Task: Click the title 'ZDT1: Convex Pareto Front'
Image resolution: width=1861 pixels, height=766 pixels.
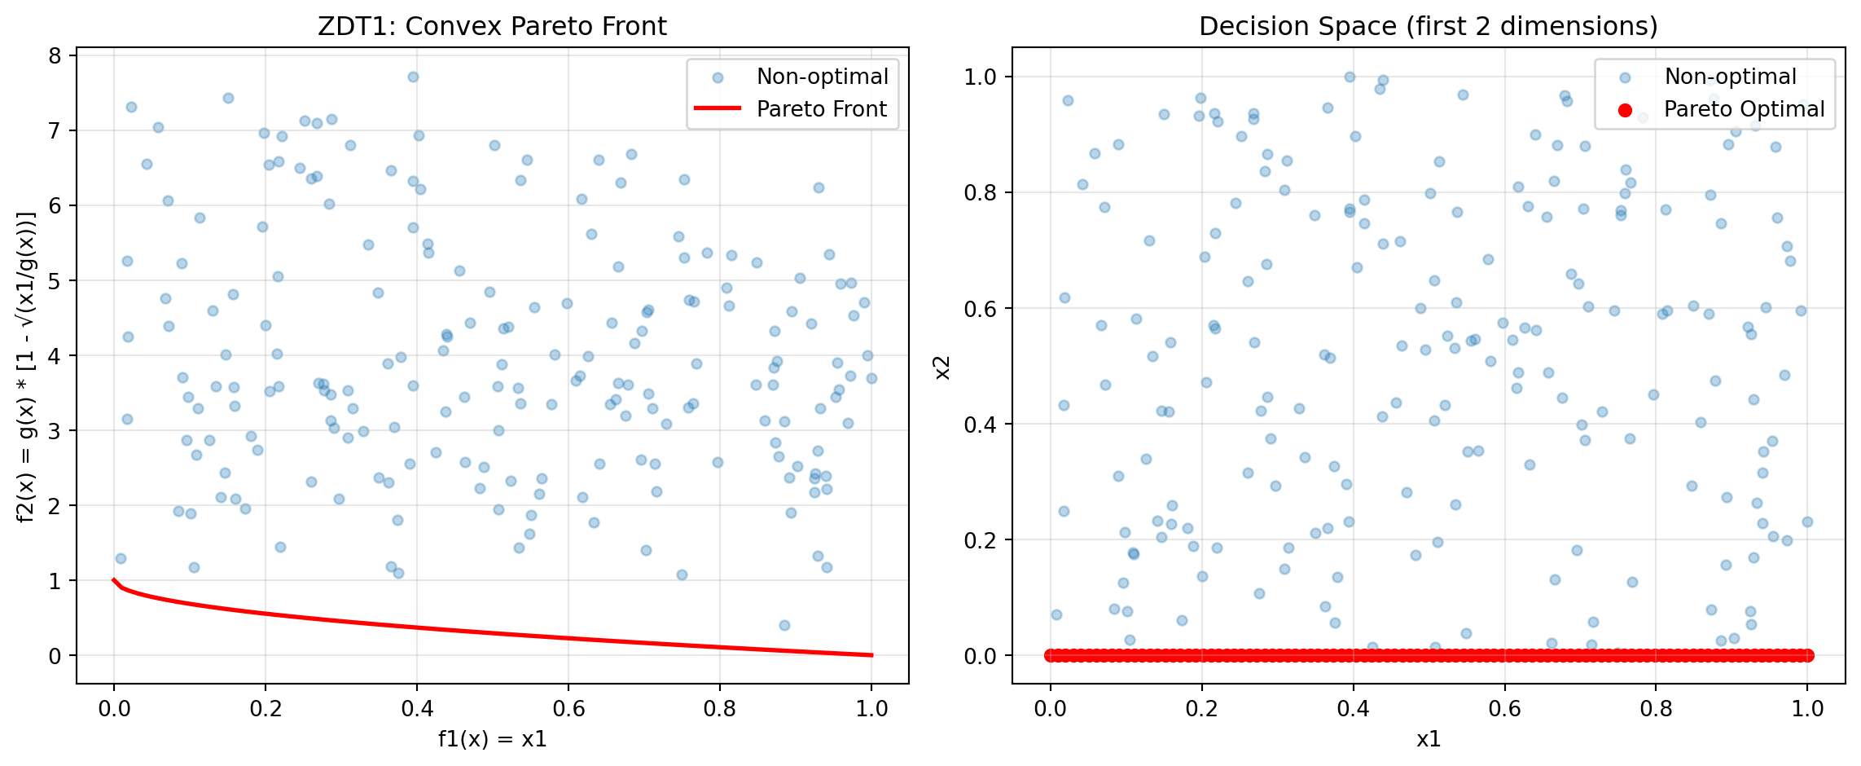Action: click(492, 27)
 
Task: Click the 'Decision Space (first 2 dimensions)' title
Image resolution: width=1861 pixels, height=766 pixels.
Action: click(1428, 27)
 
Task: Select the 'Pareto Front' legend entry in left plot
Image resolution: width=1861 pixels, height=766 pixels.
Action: click(821, 109)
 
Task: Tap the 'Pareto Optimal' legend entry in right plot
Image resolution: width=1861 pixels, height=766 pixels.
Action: click(1744, 109)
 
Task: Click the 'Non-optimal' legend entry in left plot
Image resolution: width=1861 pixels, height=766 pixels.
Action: click(822, 77)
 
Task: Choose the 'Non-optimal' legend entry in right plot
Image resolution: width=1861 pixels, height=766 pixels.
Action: click(1730, 77)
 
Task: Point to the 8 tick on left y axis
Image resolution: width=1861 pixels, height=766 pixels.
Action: click(55, 55)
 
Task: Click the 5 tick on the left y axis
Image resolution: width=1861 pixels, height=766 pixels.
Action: click(55, 280)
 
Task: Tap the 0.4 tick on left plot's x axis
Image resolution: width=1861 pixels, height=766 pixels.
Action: click(417, 708)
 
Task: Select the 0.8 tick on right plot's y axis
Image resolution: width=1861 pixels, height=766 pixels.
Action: click(982, 192)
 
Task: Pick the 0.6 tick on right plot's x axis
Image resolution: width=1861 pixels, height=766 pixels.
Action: click(1504, 708)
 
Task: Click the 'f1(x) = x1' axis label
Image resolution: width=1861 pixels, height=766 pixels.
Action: click(492, 739)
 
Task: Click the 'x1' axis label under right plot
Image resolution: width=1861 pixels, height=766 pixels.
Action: click(1428, 739)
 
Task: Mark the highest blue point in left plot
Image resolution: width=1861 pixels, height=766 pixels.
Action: click(413, 77)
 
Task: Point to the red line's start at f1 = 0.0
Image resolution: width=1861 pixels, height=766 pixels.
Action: click(114, 579)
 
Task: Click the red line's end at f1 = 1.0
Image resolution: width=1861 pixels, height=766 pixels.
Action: click(871, 655)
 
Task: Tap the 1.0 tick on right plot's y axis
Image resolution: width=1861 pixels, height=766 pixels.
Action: click(982, 77)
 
